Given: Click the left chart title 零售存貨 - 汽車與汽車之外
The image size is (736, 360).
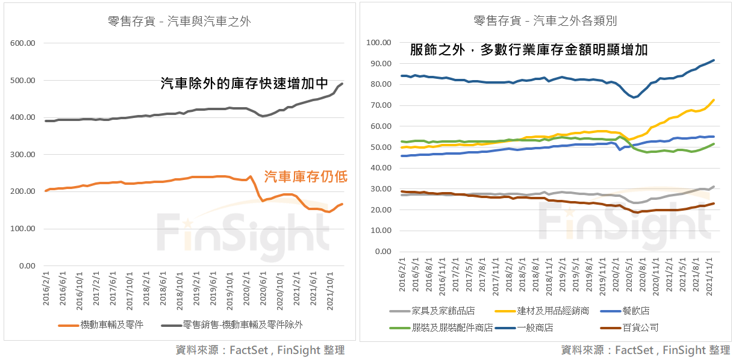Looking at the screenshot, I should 179,22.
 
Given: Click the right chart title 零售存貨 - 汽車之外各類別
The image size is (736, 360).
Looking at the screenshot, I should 545,22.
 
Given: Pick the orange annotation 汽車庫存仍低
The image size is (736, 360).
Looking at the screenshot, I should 306,176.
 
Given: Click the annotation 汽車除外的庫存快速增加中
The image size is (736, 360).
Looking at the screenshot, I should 244,84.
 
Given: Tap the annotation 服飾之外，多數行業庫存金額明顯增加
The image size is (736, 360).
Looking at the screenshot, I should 528,50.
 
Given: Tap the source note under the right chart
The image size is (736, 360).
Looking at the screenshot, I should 645,350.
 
